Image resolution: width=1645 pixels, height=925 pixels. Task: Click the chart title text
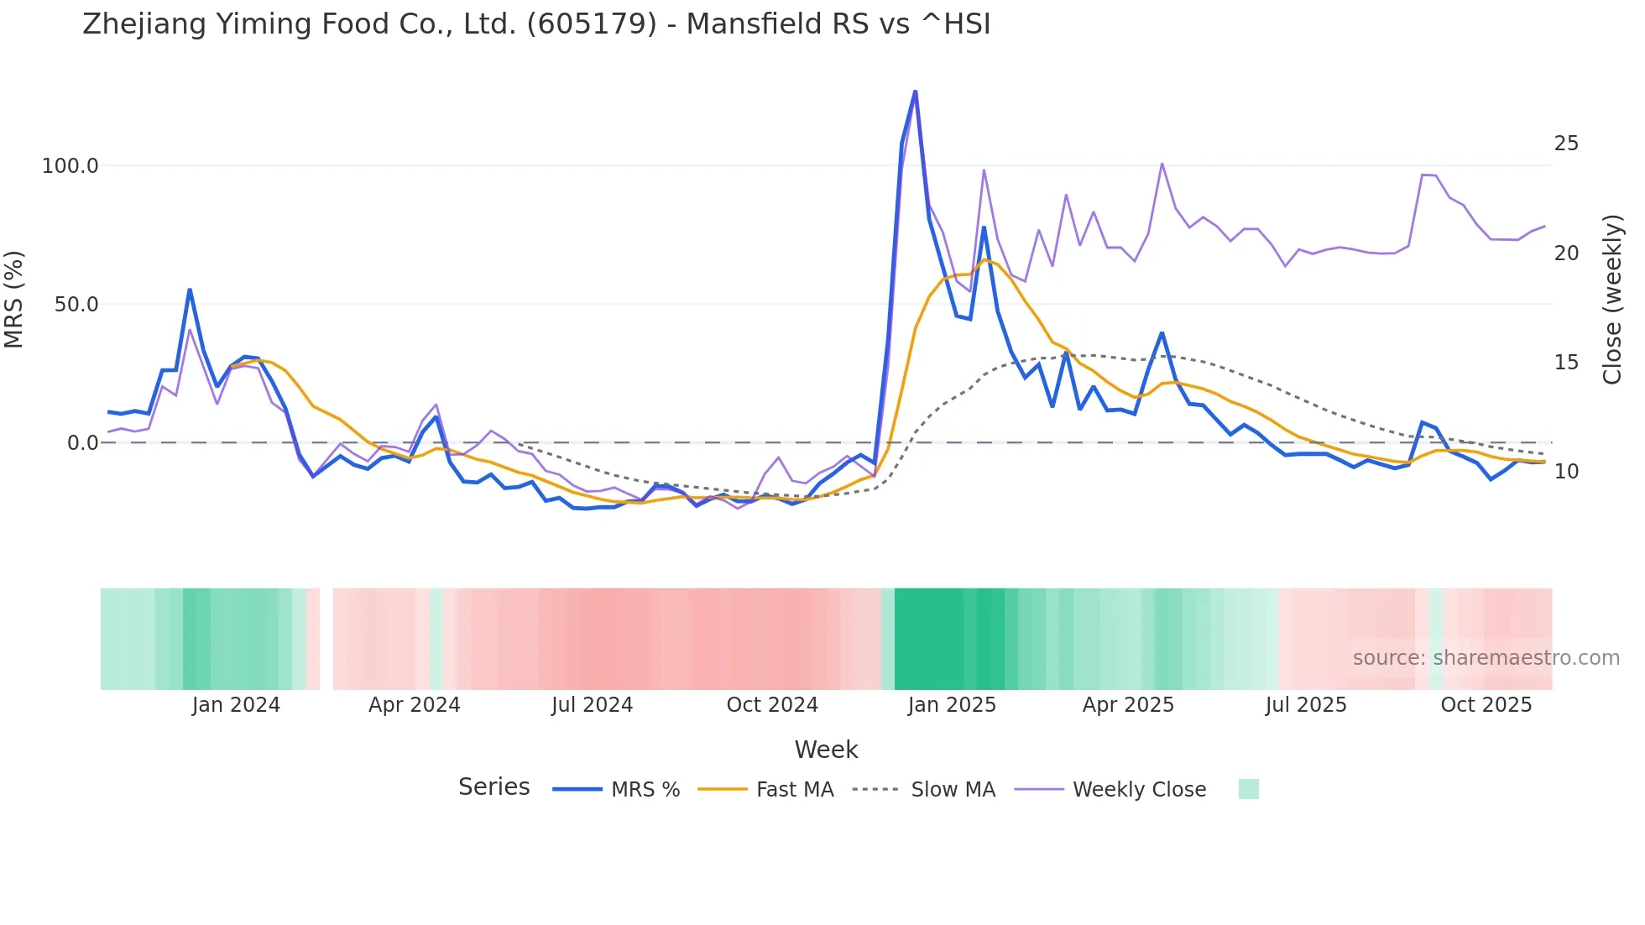[x=536, y=24]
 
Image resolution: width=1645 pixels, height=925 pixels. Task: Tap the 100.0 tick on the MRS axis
[x=70, y=166]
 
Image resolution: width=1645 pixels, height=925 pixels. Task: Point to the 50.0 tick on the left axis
[x=76, y=305]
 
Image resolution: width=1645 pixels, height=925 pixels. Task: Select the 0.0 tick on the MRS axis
[x=82, y=443]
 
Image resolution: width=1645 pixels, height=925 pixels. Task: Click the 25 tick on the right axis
[x=1566, y=144]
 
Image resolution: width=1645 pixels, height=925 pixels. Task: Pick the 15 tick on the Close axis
[x=1566, y=363]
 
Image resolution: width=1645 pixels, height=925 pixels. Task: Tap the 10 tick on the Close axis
[x=1566, y=472]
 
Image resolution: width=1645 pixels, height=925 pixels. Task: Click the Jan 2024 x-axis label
[x=236, y=705]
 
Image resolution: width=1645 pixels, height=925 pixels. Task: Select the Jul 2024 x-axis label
[x=592, y=705]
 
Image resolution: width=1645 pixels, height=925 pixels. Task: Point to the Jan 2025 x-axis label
[x=952, y=705]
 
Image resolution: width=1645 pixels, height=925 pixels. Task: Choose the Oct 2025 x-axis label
[x=1486, y=705]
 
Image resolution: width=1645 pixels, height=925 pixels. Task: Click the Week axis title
[x=826, y=750]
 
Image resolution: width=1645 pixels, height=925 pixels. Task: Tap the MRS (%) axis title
[x=14, y=300]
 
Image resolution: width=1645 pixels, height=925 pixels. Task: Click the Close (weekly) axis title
[x=1611, y=300]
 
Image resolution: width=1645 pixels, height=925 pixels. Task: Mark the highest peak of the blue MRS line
[x=915, y=91]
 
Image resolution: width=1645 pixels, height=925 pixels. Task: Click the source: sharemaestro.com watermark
[x=1486, y=658]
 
